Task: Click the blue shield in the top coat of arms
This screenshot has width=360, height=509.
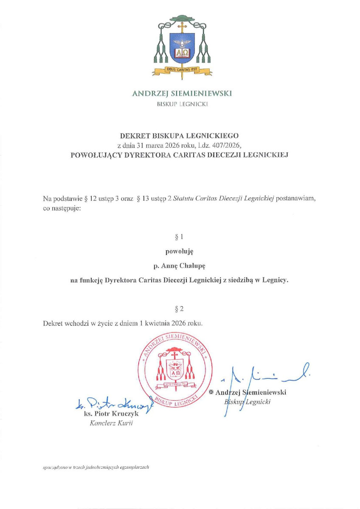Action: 182,46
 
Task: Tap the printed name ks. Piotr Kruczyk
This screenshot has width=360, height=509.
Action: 112,414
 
